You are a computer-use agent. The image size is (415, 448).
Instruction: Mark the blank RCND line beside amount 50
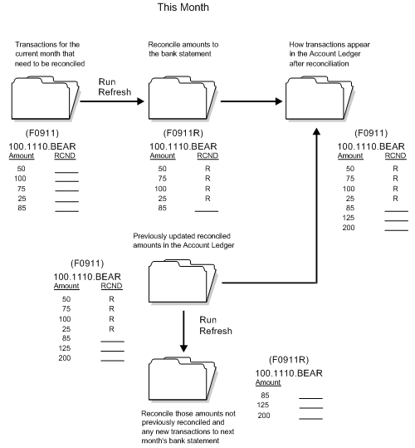point(66,169)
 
